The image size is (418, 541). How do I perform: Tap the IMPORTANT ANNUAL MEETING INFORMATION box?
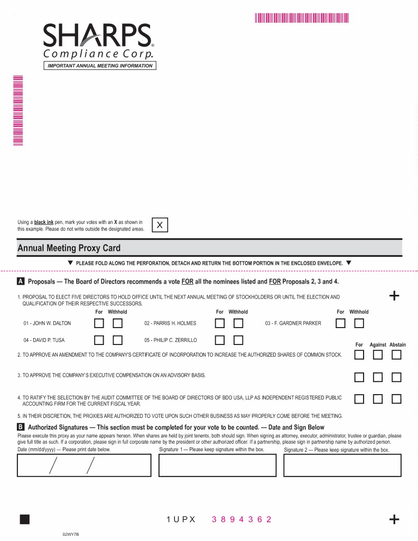pos(100,66)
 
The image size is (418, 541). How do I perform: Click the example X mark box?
pos(160,225)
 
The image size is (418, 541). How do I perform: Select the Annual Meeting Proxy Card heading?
pos(69,248)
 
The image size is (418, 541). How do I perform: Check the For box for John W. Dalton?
pos(99,323)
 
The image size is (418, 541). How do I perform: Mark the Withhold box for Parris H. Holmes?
pos(238,323)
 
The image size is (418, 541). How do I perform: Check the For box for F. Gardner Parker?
pos(341,323)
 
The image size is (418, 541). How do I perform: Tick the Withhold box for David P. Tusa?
pos(117,340)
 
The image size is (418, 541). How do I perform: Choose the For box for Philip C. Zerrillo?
pos(220,340)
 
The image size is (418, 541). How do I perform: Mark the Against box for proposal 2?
pos(378,355)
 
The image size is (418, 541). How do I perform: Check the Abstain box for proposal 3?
pos(396,377)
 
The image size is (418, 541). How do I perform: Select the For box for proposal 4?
pos(359,399)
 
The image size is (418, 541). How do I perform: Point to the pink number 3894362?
pos(241,519)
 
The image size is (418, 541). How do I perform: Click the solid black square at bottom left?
pos(24,519)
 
